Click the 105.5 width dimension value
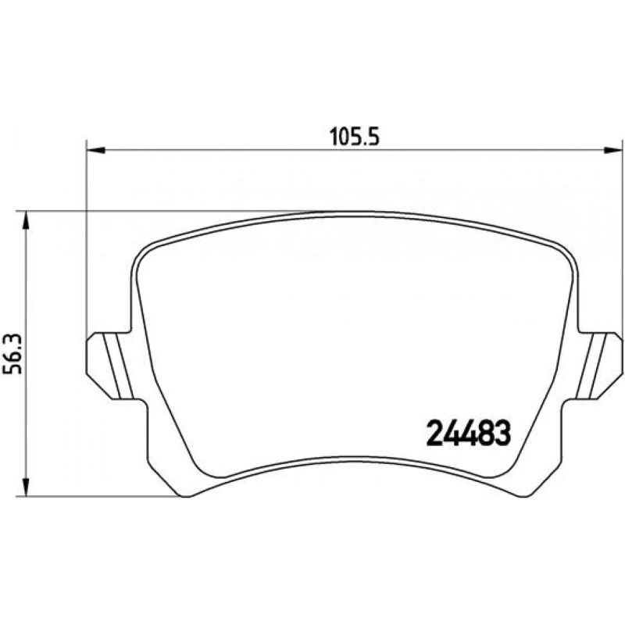[355, 137]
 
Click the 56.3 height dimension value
[12, 355]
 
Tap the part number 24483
[468, 434]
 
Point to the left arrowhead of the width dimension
[95, 150]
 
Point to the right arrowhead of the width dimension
[613, 150]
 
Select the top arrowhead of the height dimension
[26, 220]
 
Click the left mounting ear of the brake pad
[109, 366]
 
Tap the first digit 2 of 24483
[434, 434]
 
